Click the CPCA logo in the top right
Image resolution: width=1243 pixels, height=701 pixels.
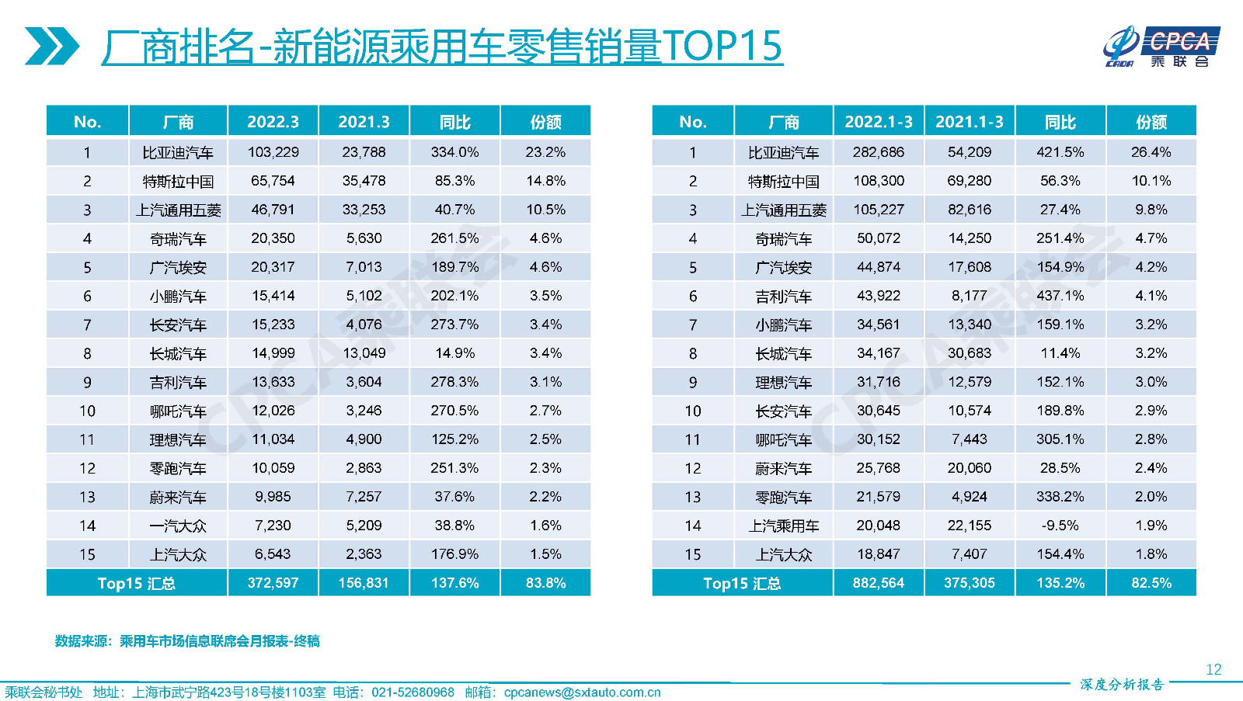[x=1161, y=47]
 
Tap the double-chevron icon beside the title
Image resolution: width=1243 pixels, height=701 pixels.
[x=51, y=47]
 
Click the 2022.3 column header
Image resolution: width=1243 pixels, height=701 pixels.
[x=273, y=122]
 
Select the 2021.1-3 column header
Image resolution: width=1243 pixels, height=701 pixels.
[x=969, y=122]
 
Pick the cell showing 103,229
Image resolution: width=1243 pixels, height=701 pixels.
[x=273, y=152]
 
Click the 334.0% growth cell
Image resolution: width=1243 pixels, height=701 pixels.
[x=454, y=152]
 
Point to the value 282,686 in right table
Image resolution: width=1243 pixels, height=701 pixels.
[x=878, y=152]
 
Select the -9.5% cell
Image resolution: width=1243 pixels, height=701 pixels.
[x=1060, y=526]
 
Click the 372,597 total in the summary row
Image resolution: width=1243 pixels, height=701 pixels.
[x=273, y=583]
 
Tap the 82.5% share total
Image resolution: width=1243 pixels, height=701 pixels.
[x=1151, y=583]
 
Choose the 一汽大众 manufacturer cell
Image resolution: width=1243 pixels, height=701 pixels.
[x=178, y=526]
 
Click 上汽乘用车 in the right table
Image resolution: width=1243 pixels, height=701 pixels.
[x=783, y=526]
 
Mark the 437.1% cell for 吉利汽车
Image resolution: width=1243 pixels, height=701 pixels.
[x=1060, y=296]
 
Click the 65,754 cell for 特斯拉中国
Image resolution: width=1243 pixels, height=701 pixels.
[x=273, y=181]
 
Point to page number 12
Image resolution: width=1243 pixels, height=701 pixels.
[x=1213, y=669]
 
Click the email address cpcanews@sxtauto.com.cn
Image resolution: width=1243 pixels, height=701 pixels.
[x=582, y=692]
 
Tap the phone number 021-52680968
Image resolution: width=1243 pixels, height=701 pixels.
[x=413, y=692]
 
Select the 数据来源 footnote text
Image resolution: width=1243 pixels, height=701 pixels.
[x=187, y=641]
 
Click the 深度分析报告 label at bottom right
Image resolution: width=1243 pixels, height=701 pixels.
[x=1122, y=684]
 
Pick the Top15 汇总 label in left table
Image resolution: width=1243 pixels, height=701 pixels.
[x=136, y=583]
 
